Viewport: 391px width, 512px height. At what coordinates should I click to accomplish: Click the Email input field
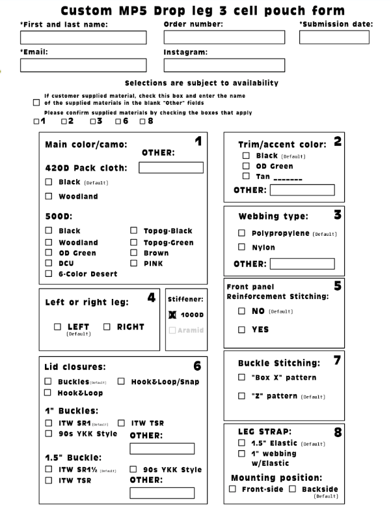83,64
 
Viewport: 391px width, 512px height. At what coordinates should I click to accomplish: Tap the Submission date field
334,37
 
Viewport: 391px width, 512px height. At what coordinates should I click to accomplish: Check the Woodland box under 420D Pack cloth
49,196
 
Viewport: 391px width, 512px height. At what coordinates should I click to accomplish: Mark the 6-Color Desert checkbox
49,274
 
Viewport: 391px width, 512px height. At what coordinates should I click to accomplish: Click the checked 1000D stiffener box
173,314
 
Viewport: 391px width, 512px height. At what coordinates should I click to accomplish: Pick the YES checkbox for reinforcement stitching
241,330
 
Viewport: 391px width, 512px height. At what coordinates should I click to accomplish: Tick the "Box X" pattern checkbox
241,378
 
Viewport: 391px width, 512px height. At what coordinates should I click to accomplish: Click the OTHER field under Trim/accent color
302,190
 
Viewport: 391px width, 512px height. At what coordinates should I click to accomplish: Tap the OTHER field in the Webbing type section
302,264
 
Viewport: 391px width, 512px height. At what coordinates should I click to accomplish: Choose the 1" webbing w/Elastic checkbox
241,453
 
